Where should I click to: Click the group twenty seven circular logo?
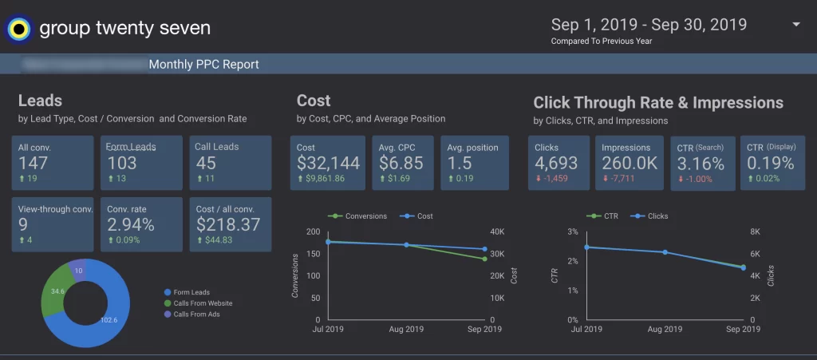[18, 29]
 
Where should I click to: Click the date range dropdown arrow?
[795, 25]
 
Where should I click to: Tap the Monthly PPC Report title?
[203, 65]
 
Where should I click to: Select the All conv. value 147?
[34, 163]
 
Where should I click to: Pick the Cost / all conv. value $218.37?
[228, 224]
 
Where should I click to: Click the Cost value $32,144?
[328, 163]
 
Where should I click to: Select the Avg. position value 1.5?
[460, 163]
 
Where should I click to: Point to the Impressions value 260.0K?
[630, 163]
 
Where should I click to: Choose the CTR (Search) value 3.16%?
[701, 164]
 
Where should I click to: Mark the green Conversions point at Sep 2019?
[484, 259]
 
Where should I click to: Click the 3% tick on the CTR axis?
[572, 231]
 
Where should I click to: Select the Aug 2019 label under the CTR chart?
[664, 329]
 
